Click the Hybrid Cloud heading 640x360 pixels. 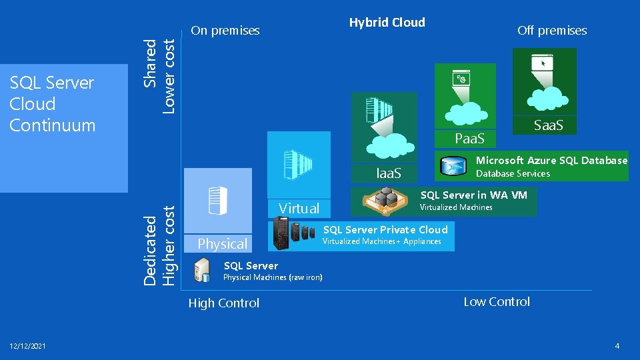click(387, 22)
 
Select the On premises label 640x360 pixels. click(225, 30)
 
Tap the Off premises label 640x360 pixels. click(552, 30)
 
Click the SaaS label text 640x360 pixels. click(549, 125)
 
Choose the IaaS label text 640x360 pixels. click(389, 173)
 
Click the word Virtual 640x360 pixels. click(299, 208)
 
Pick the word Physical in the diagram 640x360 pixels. click(223, 243)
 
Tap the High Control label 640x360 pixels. click(223, 303)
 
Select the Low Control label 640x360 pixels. click(497, 301)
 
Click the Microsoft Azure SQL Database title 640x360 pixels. click(551, 160)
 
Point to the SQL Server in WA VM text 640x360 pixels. click(473, 195)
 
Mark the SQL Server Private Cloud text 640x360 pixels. click(385, 229)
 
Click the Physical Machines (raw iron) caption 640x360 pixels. click(272, 277)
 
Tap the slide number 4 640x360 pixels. click(617, 346)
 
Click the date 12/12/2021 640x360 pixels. click(28, 346)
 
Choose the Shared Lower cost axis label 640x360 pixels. click(160, 75)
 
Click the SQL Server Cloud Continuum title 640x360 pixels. click(53, 104)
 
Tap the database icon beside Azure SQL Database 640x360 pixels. click(456, 166)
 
